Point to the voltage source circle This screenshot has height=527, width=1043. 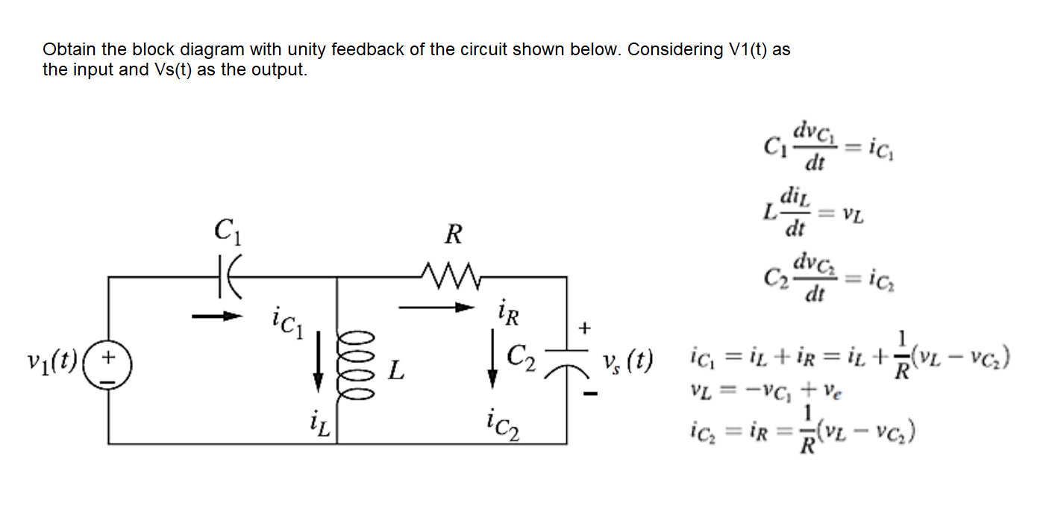coord(108,368)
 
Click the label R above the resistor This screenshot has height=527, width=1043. coord(452,236)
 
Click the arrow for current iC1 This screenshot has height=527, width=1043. coord(217,317)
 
